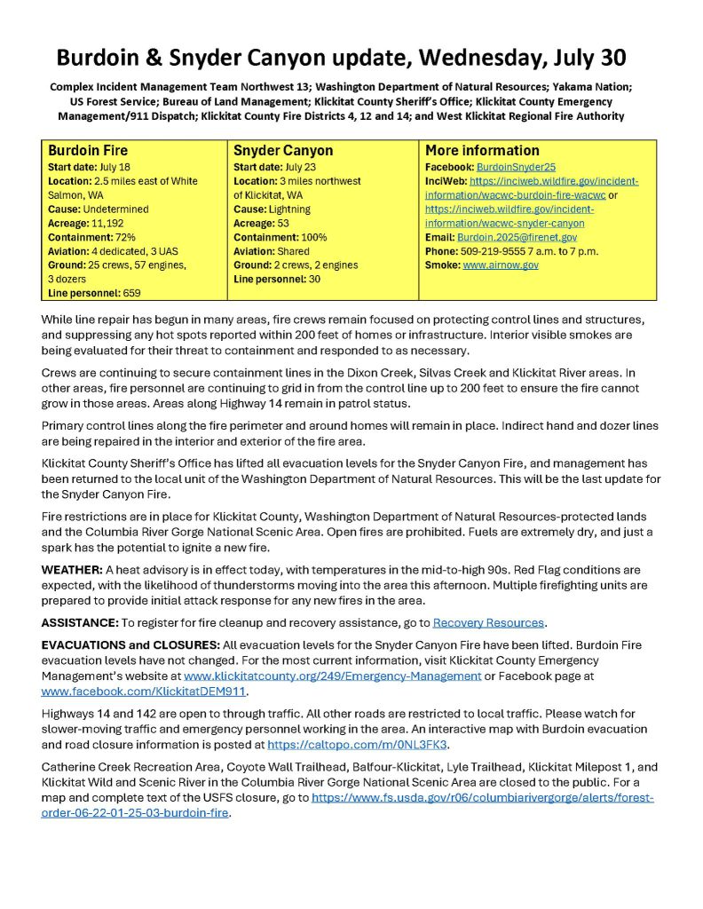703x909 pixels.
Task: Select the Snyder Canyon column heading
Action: (282, 151)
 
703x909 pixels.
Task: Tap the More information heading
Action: (482, 151)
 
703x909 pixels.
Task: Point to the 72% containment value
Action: (124, 237)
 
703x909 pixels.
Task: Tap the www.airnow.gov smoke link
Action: (501, 265)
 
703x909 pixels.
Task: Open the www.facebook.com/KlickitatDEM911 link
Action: (145, 690)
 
